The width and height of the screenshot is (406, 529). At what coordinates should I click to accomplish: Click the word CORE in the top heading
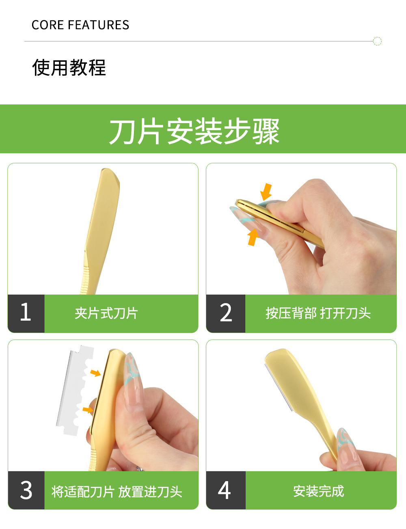click(48, 25)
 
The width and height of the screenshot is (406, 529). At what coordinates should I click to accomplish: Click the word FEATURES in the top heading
click(99, 25)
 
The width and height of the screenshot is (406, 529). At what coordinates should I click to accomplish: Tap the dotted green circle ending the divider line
click(377, 41)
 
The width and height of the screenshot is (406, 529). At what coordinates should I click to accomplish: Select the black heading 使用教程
click(69, 67)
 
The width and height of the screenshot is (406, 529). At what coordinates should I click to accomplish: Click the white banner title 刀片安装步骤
click(194, 132)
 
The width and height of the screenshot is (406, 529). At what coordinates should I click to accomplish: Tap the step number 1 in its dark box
click(26, 312)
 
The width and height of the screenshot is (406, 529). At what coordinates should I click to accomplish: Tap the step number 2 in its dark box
click(226, 312)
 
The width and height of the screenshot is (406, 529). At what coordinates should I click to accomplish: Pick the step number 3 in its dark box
click(26, 490)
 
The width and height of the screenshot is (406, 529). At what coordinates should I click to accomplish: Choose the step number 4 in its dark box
click(224, 490)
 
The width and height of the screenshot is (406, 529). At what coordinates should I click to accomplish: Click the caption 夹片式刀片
click(106, 313)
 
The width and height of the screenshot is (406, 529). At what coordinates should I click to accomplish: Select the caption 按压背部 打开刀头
click(318, 313)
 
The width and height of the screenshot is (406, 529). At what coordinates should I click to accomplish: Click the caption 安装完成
click(319, 491)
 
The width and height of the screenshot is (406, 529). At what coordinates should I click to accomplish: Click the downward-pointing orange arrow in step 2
click(266, 192)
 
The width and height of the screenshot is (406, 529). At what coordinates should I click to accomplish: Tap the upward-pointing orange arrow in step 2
click(253, 237)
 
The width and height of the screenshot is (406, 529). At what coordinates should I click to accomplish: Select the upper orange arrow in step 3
click(95, 373)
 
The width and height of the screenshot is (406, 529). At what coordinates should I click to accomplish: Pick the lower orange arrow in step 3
click(88, 410)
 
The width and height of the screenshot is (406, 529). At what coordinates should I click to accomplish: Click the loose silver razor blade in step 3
click(74, 390)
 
